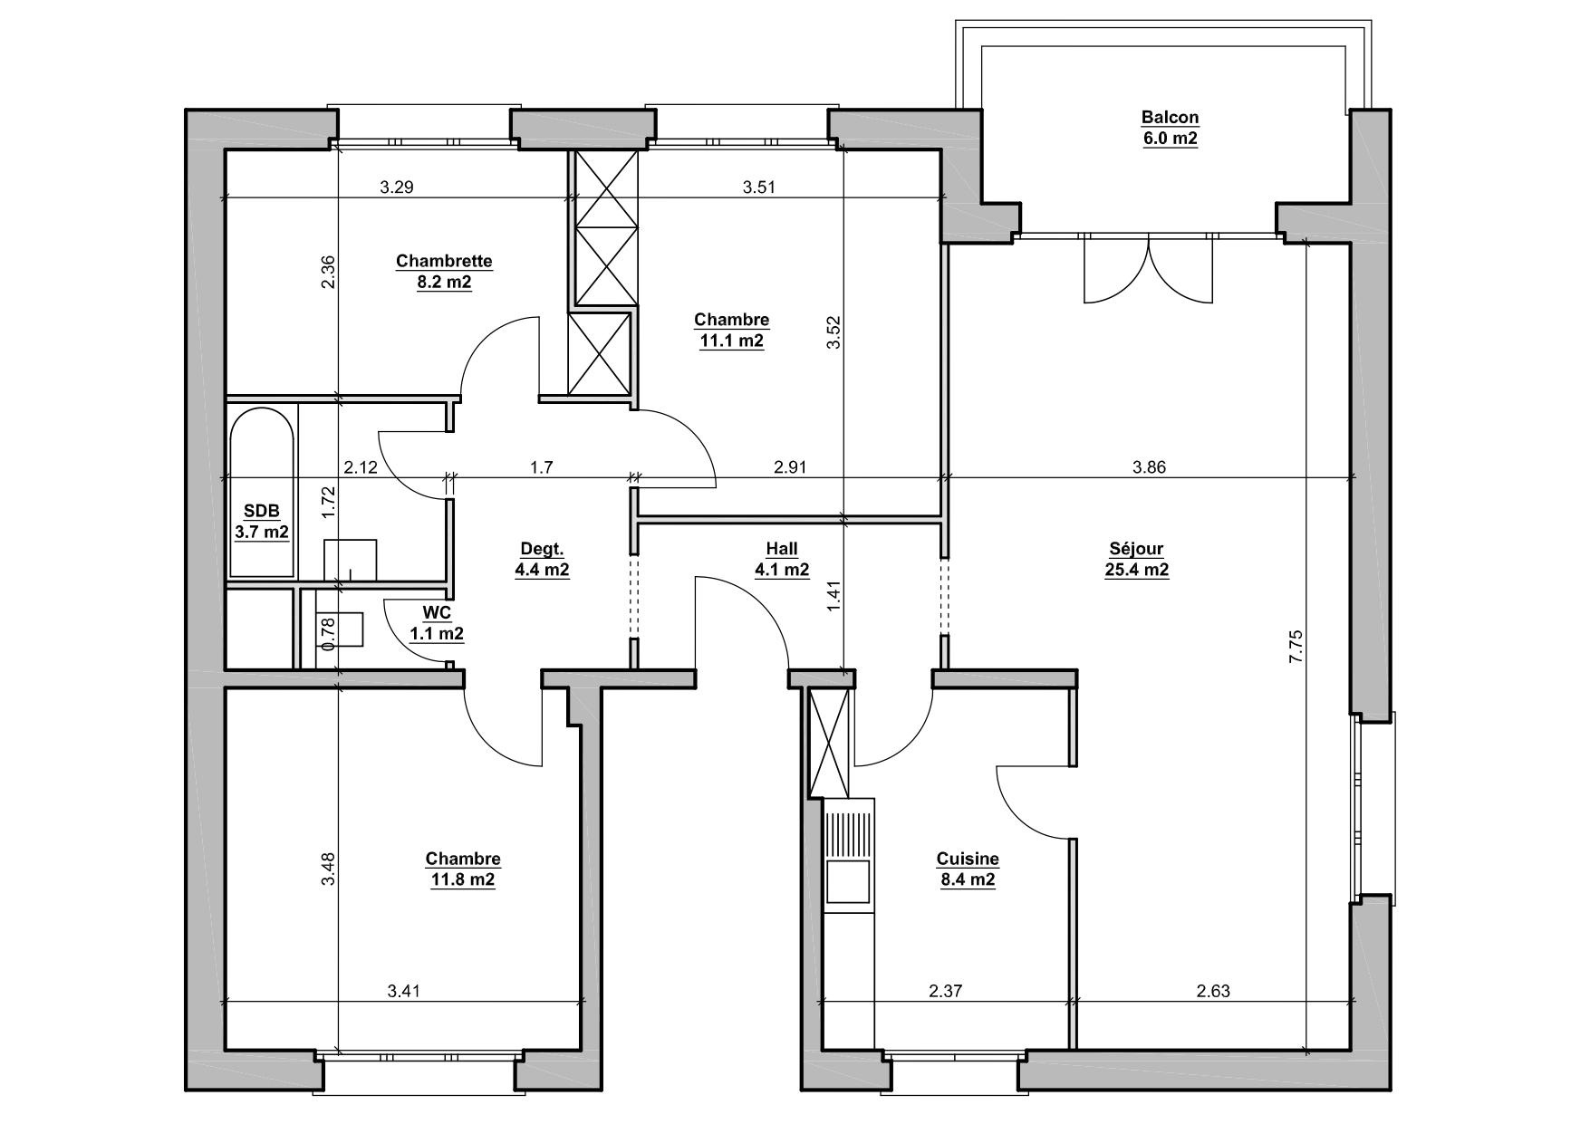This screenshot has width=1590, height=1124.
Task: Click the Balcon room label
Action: point(1169,128)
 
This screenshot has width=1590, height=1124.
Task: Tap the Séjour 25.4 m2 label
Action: point(1136,560)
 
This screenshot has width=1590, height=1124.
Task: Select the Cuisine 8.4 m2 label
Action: point(968,869)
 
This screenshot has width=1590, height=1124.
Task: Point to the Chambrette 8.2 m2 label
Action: point(444,272)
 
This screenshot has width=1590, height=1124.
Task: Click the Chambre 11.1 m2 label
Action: point(731,331)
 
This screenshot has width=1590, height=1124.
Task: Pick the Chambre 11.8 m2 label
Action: point(462,869)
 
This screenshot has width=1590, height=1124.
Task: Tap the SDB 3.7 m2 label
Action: point(262,522)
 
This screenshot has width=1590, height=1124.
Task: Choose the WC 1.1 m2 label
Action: point(437,623)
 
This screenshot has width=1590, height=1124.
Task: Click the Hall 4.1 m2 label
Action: point(782,560)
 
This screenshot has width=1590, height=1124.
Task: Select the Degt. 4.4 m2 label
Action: point(542,560)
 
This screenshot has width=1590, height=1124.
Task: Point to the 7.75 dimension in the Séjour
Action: point(1296,647)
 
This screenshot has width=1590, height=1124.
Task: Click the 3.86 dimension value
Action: point(1149,467)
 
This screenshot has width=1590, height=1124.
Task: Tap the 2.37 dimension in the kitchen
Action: point(945,991)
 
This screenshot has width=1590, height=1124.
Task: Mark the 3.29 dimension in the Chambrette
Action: point(396,187)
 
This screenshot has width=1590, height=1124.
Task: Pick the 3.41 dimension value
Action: point(403,991)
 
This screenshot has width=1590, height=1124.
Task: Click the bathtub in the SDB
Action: point(262,493)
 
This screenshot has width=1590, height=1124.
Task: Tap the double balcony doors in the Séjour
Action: point(1148,269)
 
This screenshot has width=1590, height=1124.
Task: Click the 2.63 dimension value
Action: point(1212,991)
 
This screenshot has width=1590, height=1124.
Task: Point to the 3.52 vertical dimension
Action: point(834,331)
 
